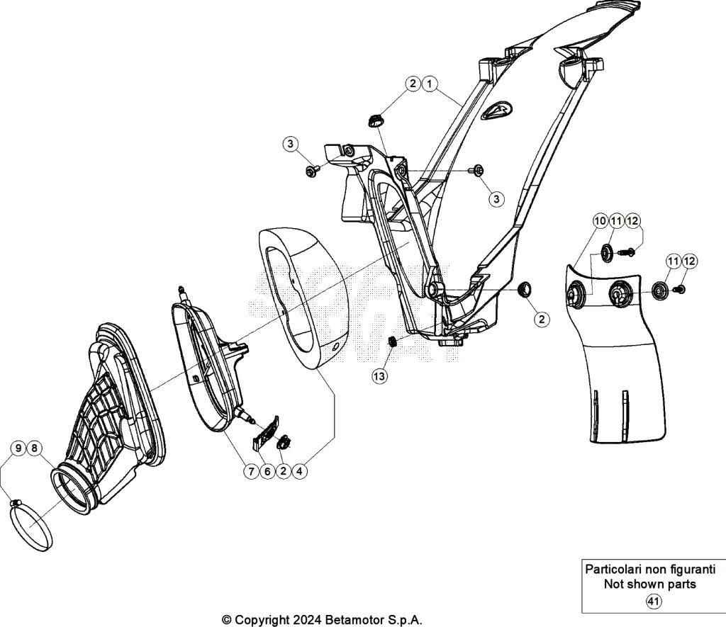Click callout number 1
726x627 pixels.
tap(429, 84)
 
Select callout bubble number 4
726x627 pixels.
tap(300, 471)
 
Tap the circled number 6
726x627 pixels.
tap(267, 471)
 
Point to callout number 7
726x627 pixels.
tap(251, 471)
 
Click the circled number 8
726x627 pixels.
tap(35, 448)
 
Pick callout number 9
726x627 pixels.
tap(18, 448)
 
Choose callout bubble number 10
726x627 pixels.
tap(600, 222)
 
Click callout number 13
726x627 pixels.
tap(380, 376)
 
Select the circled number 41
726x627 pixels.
tap(652, 601)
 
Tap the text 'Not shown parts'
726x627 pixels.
tap(649, 584)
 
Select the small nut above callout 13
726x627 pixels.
tap(390, 344)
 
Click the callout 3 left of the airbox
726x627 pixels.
tap(290, 145)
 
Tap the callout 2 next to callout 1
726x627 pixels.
tap(413, 84)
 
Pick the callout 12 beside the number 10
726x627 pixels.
tap(632, 222)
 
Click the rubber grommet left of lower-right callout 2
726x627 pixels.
tap(525, 289)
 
